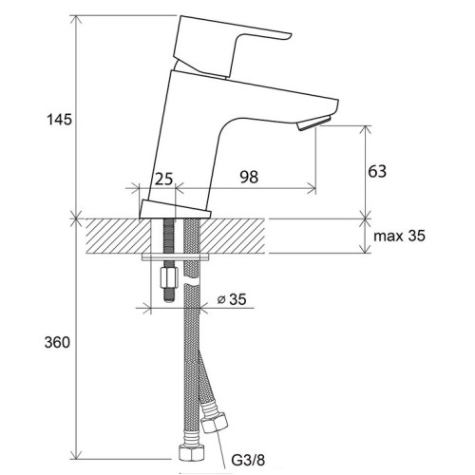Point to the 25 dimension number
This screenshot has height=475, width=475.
click(x=163, y=178)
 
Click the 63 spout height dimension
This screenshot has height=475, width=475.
click(x=377, y=171)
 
